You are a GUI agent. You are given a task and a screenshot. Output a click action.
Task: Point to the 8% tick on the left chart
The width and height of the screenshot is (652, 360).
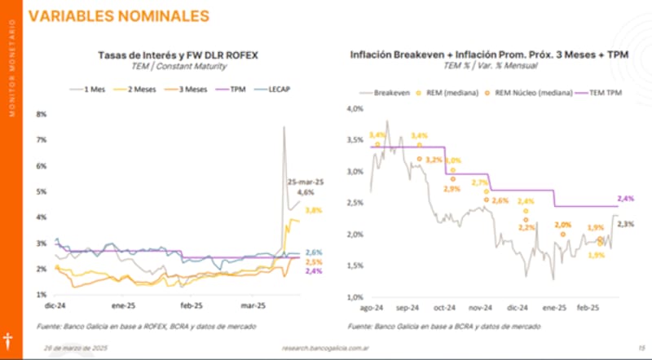click(x=41, y=114)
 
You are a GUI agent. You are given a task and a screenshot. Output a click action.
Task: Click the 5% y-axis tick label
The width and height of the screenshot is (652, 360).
click(x=41, y=191)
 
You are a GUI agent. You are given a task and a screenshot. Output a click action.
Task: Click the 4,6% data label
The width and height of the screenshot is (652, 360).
click(x=305, y=192)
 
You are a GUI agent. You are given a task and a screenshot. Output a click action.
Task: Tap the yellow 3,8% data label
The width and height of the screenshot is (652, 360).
click(x=313, y=210)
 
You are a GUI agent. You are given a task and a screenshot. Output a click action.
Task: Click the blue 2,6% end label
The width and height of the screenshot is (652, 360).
click(x=313, y=252)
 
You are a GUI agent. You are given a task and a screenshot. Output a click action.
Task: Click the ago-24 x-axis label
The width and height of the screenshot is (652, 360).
click(x=372, y=309)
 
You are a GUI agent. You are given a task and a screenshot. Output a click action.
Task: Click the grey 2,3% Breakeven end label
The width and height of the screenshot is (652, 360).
click(x=627, y=224)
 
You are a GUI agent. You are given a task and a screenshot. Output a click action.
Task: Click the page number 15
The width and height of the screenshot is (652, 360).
click(x=641, y=347)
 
